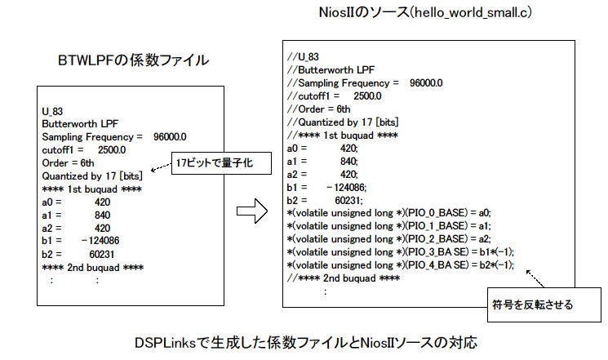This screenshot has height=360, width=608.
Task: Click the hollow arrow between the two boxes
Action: pos(252,211)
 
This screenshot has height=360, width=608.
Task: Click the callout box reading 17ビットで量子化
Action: pos(221,163)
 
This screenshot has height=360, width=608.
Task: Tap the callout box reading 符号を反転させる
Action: pos(544,305)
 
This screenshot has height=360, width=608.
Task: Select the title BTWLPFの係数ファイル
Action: pos(133,60)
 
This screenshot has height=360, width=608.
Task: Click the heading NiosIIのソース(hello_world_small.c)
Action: pos(425,12)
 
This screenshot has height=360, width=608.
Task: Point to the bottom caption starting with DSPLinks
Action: pos(305,343)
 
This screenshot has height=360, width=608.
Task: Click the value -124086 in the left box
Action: pos(100,241)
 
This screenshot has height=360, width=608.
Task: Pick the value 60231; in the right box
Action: pos(349,201)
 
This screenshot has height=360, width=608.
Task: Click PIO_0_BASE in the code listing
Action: pos(437,213)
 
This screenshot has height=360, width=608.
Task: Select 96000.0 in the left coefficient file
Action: pos(170,137)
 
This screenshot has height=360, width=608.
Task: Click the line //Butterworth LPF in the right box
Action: pos(331,70)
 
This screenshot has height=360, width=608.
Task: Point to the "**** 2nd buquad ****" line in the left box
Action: pos(93,268)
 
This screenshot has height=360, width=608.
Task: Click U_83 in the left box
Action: pos(52,112)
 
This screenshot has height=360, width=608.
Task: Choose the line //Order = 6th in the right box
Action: pos(319,109)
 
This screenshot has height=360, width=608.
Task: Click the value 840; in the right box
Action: pos(349,162)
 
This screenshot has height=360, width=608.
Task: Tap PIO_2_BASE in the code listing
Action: pos(437,239)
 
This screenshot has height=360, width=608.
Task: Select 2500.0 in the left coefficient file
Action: pos(112,150)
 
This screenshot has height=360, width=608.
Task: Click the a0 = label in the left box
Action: pos(51,202)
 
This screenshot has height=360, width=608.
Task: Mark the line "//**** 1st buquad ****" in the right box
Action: pos(343,136)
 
